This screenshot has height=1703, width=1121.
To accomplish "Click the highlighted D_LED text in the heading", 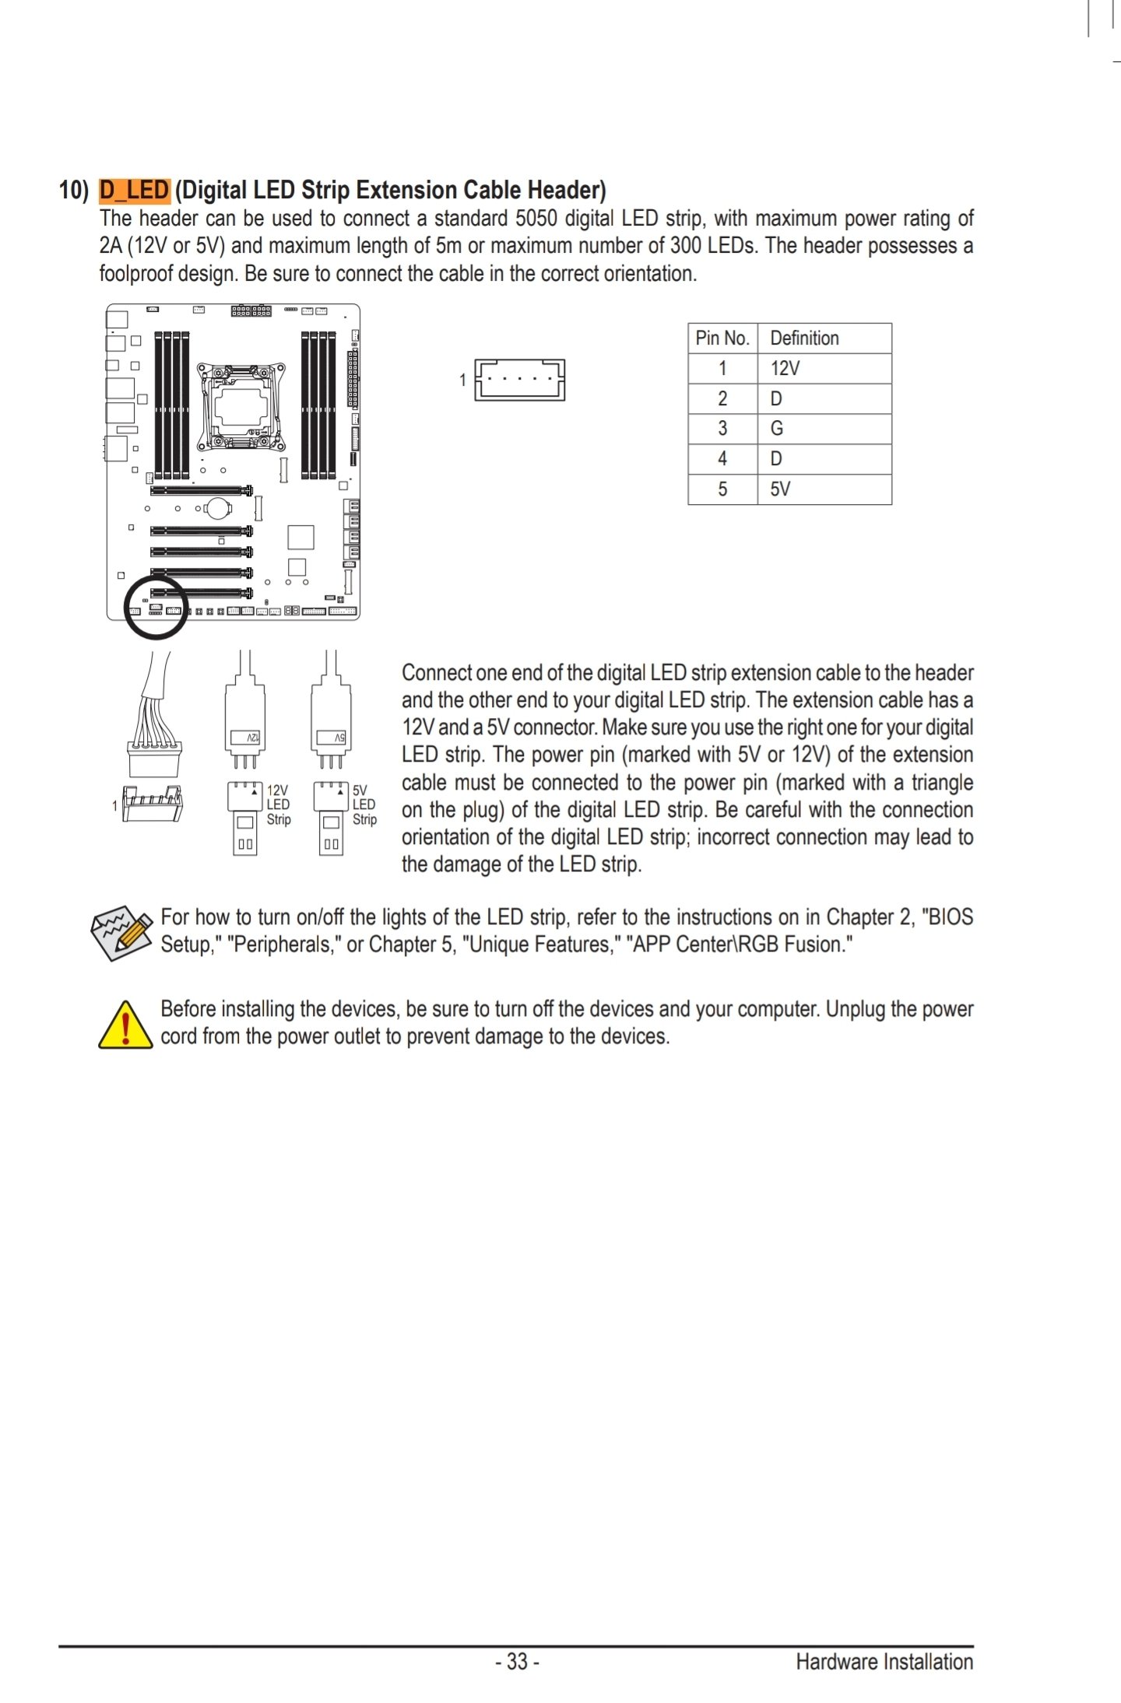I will (134, 190).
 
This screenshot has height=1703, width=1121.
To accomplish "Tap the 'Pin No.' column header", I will (722, 338).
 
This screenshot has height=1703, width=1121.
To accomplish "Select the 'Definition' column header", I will (804, 338).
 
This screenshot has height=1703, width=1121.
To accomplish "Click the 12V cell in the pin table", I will (785, 369).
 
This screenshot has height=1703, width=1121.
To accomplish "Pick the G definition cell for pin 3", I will (776, 429).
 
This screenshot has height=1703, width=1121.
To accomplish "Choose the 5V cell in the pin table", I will (780, 489).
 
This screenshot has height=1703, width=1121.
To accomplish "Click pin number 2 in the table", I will (722, 399).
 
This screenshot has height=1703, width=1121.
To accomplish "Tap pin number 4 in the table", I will (722, 459).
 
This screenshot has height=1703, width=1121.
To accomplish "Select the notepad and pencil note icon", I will (121, 932).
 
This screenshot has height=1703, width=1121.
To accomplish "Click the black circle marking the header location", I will (156, 607).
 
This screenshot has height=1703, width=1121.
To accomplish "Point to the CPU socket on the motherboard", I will (241, 406).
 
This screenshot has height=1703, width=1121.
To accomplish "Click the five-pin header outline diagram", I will (519, 380).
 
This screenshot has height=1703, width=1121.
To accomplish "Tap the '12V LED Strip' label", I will (278, 804).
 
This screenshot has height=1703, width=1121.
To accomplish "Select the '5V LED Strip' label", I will (364, 804).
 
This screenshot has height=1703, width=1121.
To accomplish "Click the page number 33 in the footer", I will (518, 1661).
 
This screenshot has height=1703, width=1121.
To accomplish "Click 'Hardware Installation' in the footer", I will (884, 1662).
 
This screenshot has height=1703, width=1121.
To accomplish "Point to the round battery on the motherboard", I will (218, 509).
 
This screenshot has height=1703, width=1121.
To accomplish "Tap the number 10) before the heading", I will (74, 191).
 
